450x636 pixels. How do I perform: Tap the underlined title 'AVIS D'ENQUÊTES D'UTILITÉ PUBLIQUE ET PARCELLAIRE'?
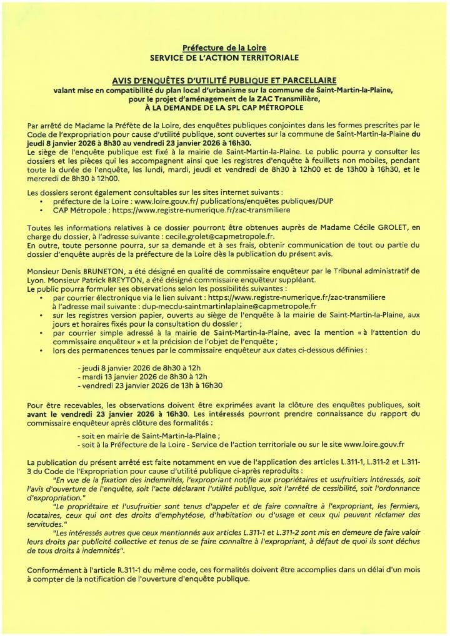coord(224,81)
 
